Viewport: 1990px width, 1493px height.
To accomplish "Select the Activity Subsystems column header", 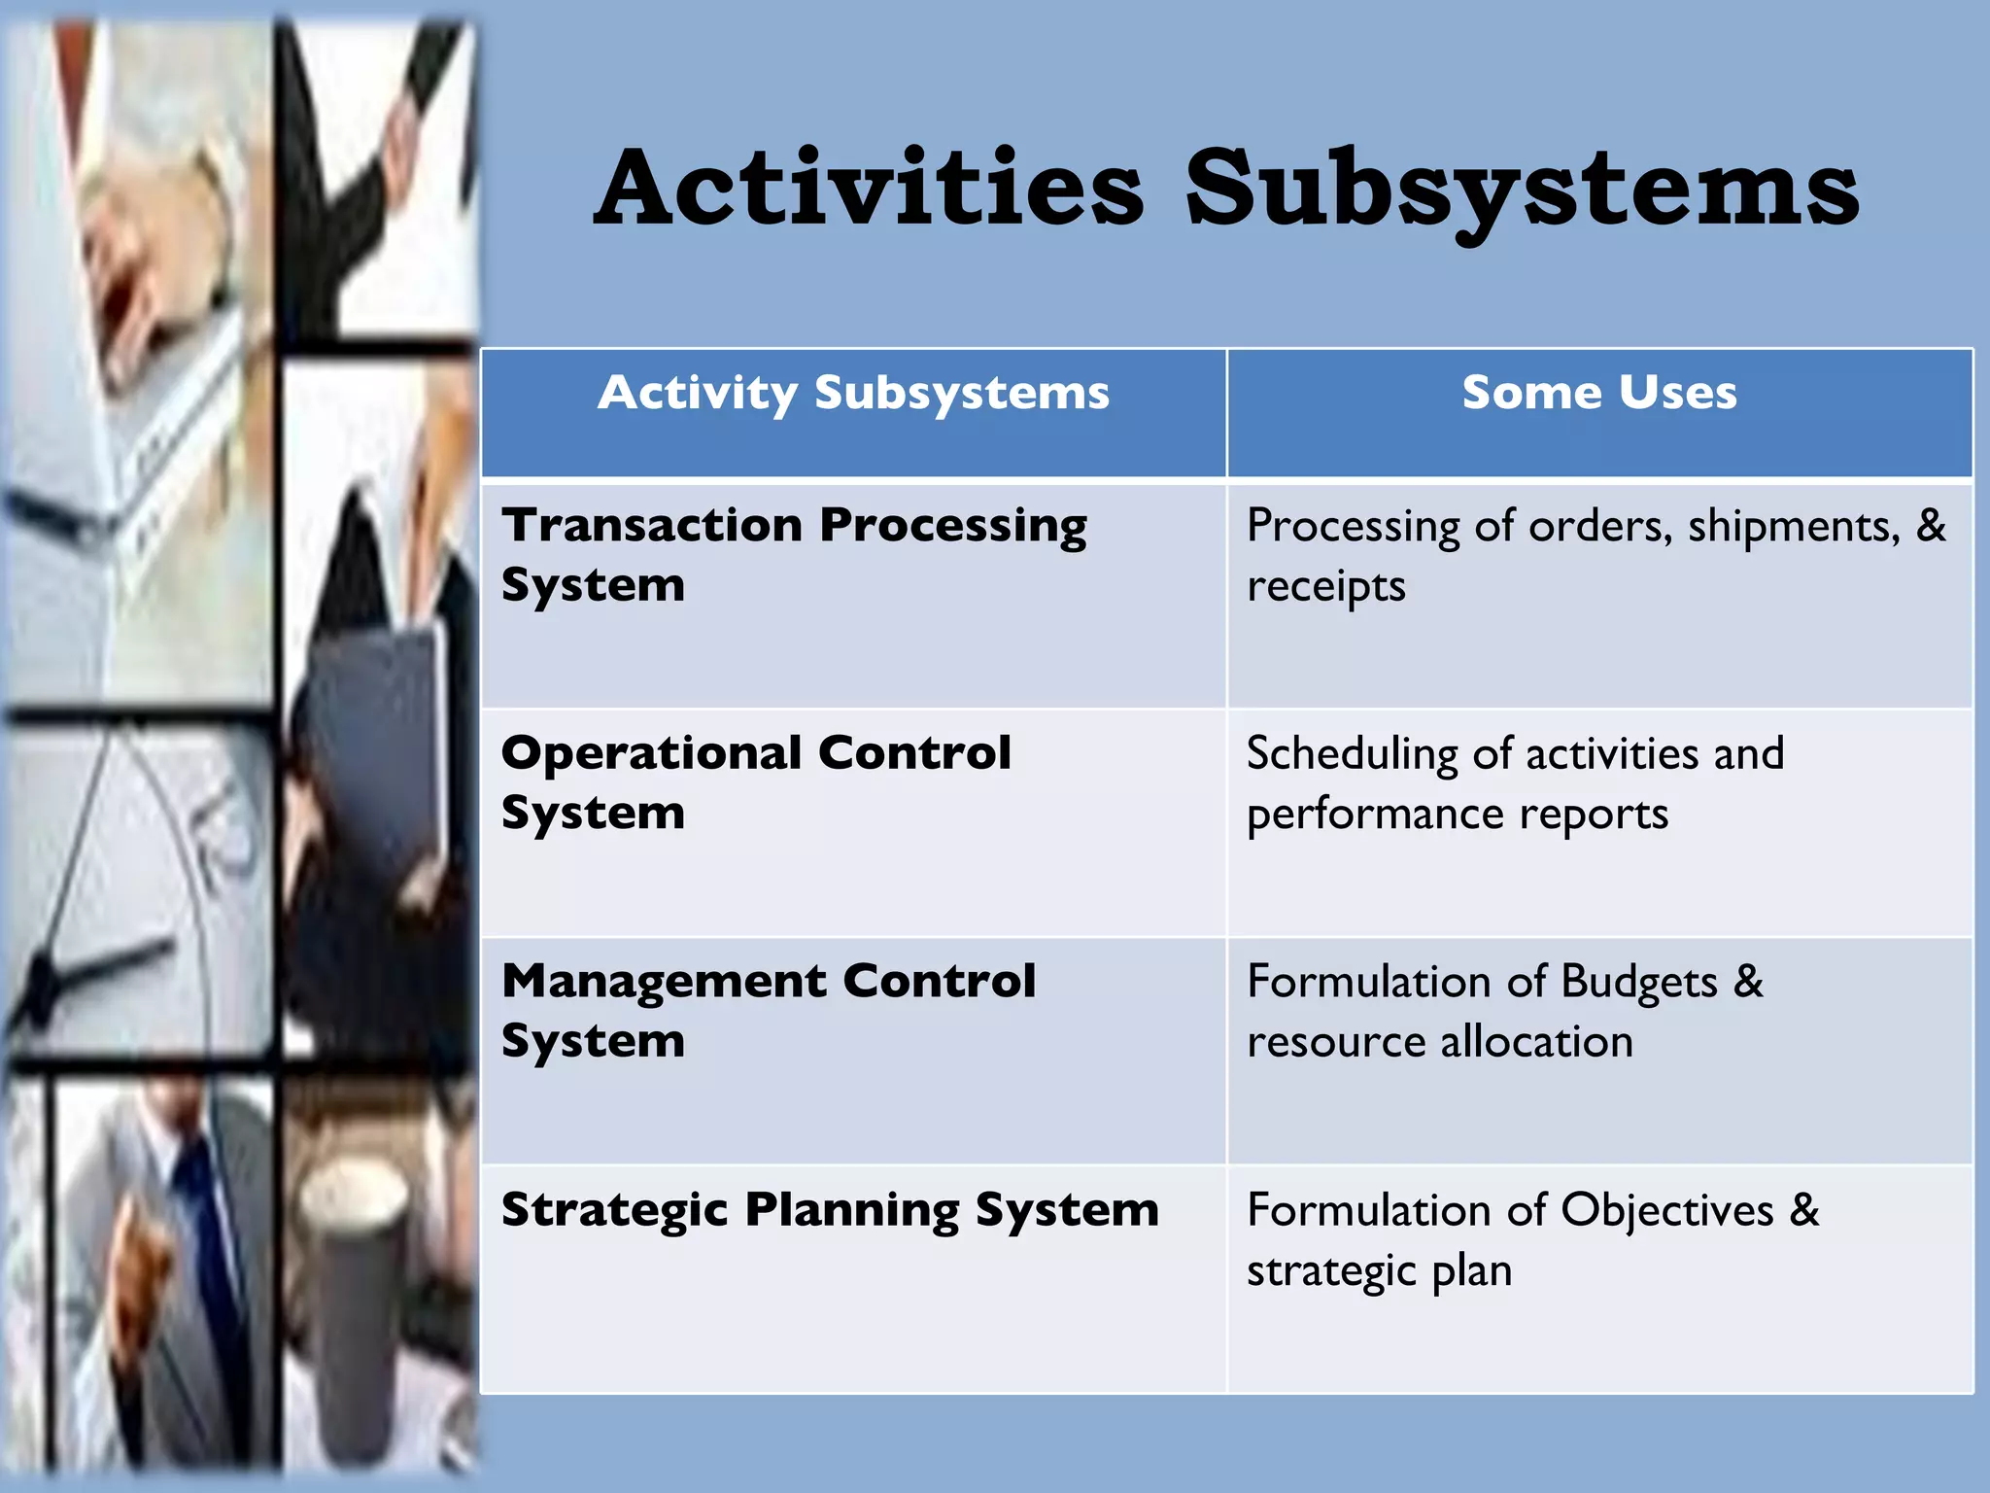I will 853,394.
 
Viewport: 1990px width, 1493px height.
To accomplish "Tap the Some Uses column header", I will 1599,393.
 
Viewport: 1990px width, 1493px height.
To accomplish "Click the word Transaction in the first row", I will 651,525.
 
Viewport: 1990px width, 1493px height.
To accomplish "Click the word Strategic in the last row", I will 614,1210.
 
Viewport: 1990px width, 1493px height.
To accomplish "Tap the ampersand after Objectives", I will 1803,1210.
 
